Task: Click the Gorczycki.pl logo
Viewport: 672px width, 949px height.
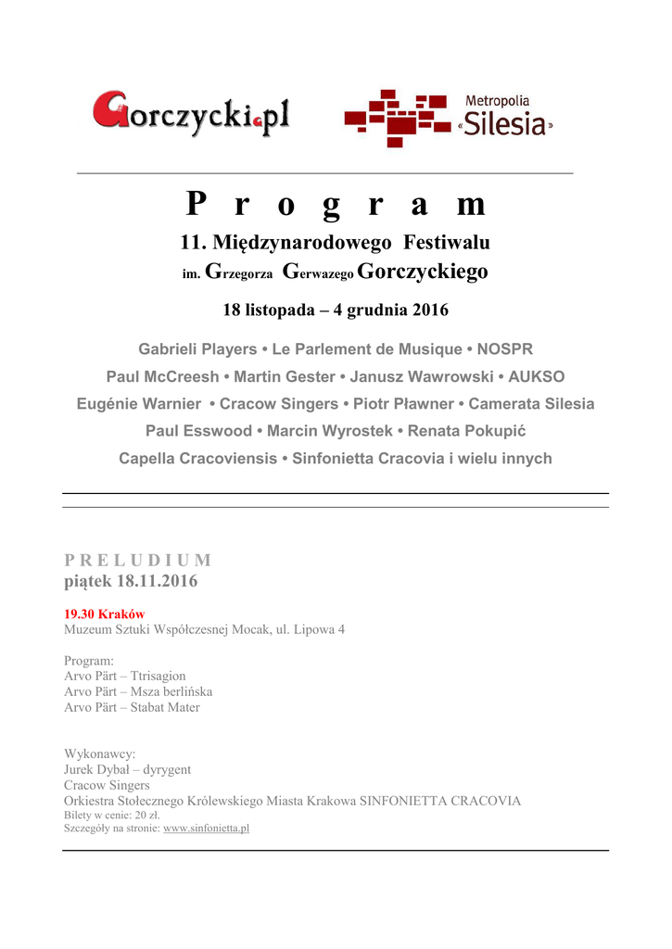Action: [x=191, y=114]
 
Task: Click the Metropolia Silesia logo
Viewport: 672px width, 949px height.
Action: [x=449, y=118]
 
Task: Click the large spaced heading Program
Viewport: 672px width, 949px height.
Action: [x=335, y=203]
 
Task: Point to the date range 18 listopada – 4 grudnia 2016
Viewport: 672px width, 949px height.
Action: [x=335, y=310]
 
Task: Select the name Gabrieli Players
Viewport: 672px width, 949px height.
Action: [x=197, y=349]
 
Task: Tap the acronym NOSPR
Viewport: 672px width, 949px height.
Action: [x=505, y=349]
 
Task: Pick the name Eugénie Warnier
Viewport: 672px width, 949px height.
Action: [x=138, y=404]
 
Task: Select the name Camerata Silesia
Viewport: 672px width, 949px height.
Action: [x=531, y=404]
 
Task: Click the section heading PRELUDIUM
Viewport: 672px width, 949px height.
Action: [x=137, y=560]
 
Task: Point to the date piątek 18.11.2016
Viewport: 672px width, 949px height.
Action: [x=130, y=582]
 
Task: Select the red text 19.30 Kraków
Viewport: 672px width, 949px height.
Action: [x=104, y=614]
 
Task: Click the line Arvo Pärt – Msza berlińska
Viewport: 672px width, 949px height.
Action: [x=138, y=691]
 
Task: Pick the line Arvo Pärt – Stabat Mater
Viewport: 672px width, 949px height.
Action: [x=132, y=707]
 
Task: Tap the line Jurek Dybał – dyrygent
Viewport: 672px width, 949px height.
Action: [x=127, y=769]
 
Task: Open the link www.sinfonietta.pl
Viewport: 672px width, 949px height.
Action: [x=206, y=828]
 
